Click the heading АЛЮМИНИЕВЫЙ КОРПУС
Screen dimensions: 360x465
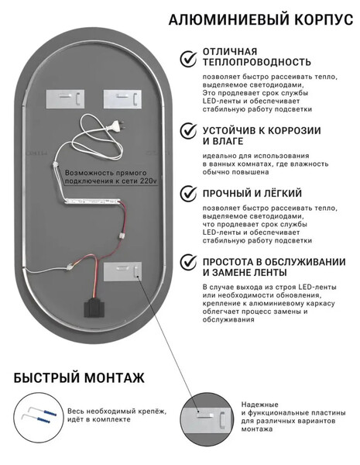coord(261,19)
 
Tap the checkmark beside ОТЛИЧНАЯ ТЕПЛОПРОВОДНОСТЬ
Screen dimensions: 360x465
coord(188,58)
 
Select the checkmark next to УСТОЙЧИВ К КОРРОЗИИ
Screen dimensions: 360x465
coord(188,131)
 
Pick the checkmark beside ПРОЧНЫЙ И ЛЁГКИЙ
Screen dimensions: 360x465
coord(188,193)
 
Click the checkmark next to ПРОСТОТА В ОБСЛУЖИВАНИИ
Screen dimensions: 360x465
coord(188,262)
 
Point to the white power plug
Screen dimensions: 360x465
coord(116,126)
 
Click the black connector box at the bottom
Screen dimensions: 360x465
coord(94,307)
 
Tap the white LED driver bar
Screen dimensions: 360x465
coord(92,202)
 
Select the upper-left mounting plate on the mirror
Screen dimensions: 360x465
coord(65,99)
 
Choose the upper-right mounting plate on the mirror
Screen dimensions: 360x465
coord(122,99)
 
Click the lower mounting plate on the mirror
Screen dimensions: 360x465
coord(122,271)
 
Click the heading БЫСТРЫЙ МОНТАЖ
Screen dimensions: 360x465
coord(79,378)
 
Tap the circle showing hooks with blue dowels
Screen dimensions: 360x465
coord(39,418)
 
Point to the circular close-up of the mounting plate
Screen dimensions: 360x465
coord(207,418)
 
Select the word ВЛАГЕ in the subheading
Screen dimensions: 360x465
coord(228,142)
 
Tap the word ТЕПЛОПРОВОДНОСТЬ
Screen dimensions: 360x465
coord(257,62)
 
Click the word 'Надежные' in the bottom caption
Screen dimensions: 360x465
coord(259,405)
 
